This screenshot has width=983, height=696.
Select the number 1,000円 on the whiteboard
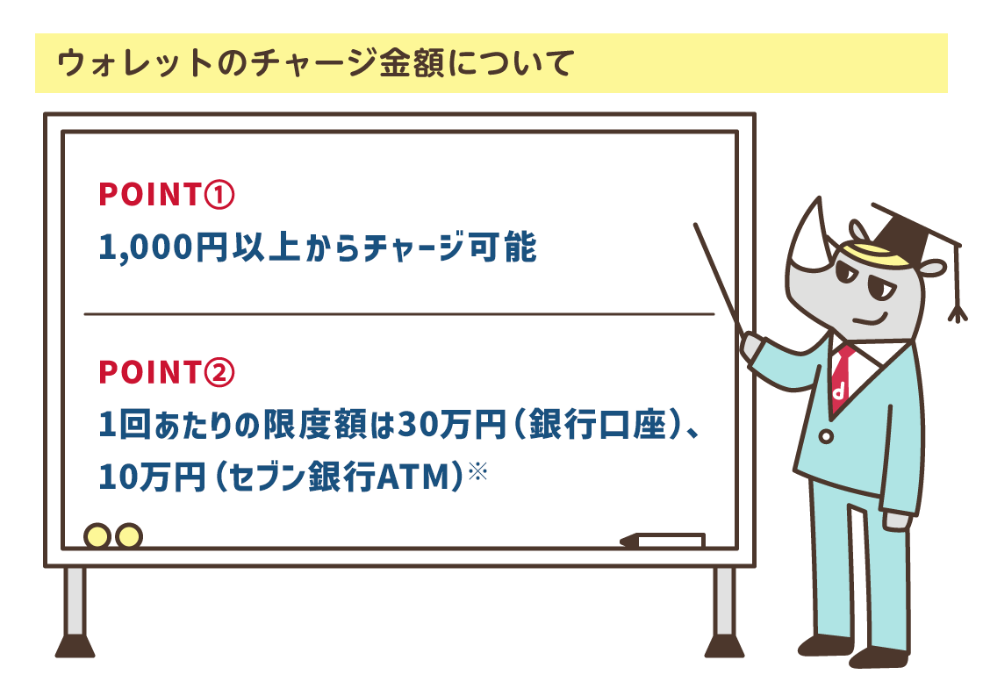(163, 248)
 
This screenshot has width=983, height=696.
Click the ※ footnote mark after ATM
(477, 472)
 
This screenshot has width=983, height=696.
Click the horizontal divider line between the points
(399, 313)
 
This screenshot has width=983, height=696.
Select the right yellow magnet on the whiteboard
(128, 535)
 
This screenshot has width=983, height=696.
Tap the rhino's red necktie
(841, 377)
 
